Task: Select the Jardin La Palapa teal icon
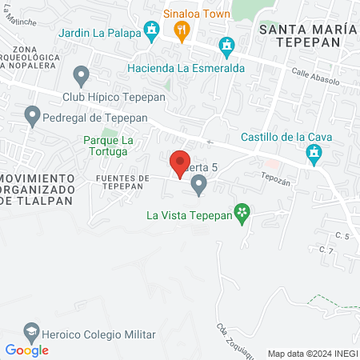click(151, 32)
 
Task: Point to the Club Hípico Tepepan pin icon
click(81, 77)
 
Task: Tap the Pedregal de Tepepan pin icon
click(33, 117)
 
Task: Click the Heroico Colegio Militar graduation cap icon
click(30, 331)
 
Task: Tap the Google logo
click(26, 350)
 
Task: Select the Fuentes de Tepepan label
click(122, 182)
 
